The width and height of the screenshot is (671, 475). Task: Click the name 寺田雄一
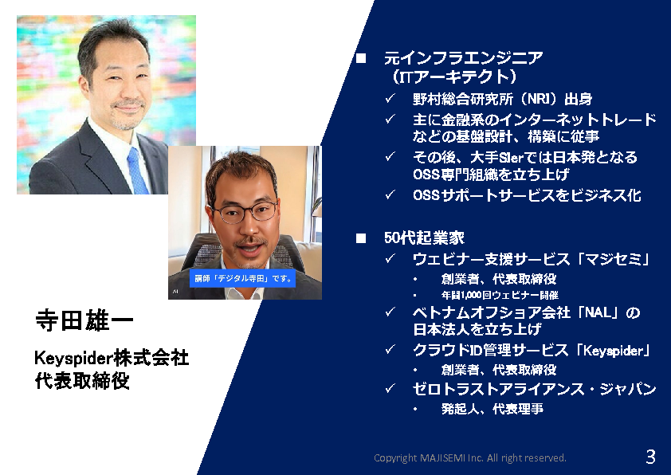[x=84, y=320]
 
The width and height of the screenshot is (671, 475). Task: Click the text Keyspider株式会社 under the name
[x=112, y=358]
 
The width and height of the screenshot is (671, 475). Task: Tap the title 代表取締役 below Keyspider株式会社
[x=82, y=380]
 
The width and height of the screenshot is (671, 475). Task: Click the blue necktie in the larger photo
[x=138, y=171]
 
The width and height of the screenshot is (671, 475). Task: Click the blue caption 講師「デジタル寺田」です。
[x=242, y=279]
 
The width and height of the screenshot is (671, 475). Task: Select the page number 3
[x=650, y=457]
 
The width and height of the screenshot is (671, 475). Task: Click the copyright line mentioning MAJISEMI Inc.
[x=470, y=458]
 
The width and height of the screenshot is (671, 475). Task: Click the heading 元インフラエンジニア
[x=464, y=58]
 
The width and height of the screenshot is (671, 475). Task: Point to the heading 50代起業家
[x=424, y=238]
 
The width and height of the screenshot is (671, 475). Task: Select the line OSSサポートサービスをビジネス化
[x=527, y=195]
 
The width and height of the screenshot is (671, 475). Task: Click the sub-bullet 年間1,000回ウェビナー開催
[x=500, y=295]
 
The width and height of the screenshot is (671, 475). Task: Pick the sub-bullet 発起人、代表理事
[x=492, y=409]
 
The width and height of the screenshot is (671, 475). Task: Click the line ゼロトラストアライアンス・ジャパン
[x=534, y=389]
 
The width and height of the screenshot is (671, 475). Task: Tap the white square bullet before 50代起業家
[x=361, y=238]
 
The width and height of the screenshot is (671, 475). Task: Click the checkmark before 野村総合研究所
[x=390, y=98]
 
